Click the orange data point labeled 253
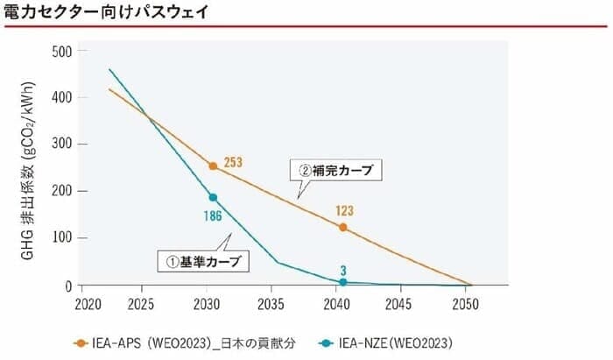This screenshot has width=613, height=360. coord(213,166)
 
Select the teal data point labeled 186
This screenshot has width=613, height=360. coord(213,197)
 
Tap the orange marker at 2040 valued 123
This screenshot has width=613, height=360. coord(342,227)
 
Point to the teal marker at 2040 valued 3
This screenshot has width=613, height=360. coord(342,282)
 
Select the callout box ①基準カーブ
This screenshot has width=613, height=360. coord(202,260)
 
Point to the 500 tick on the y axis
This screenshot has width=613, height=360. coord(60,50)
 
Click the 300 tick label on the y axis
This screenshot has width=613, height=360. coord(60,144)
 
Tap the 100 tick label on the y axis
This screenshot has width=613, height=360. coord(60,238)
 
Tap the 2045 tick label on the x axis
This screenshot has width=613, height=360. coord(401,303)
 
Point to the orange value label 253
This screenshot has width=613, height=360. coord(232,161)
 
